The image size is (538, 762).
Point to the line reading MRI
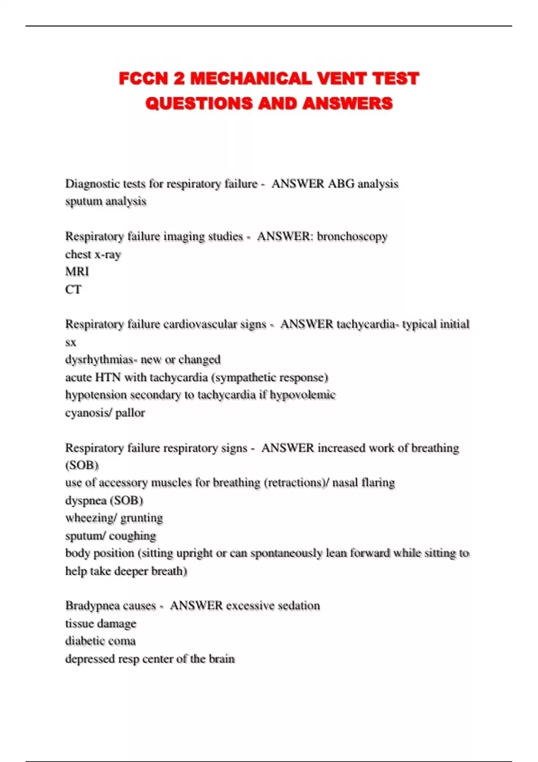click(77, 272)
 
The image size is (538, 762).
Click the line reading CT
click(73, 290)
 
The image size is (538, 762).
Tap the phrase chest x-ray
click(93, 255)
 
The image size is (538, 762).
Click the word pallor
click(130, 413)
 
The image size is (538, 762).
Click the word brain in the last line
click(221, 659)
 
